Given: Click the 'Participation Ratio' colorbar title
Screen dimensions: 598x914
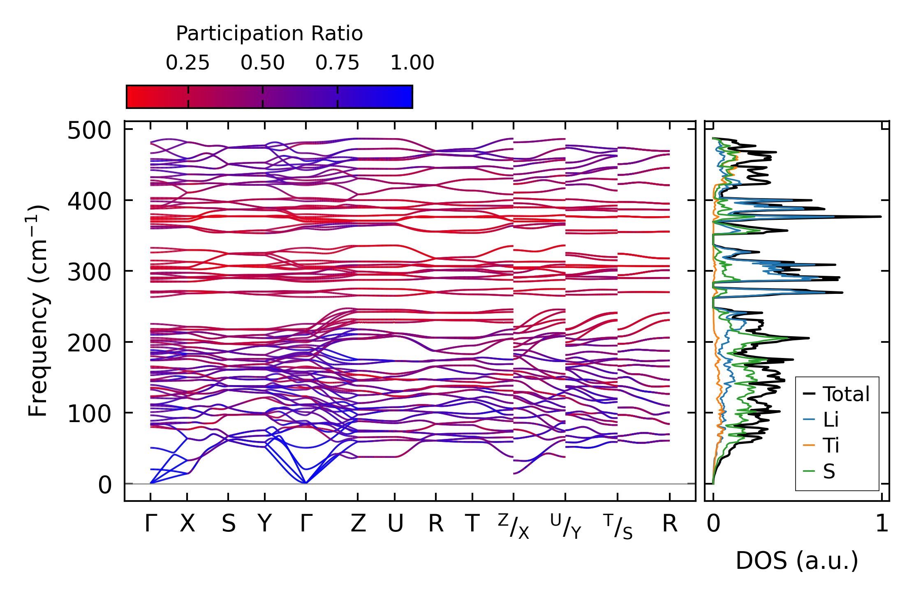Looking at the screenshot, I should coord(269,33).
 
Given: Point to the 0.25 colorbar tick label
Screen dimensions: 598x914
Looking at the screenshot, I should coord(187,63).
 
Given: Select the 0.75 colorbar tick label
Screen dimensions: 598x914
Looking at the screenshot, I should coord(337,63).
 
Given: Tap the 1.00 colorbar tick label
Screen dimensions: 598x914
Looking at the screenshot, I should coord(412,63).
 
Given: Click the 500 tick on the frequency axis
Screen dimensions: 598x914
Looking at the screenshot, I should coord(89,131).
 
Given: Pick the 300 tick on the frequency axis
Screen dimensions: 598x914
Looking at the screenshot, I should coord(89,272).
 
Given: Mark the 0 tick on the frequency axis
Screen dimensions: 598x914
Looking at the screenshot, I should coord(104,485).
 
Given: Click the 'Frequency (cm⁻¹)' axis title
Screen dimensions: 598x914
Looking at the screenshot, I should coord(38,311).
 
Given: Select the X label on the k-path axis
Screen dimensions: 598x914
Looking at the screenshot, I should coord(187,524).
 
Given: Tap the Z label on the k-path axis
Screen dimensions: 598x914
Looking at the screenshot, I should coord(358,524).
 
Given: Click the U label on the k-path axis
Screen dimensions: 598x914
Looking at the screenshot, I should coord(395,524).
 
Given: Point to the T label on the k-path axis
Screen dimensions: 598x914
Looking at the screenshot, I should coord(472,524).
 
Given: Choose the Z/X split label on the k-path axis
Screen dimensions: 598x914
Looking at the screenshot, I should coord(513,526).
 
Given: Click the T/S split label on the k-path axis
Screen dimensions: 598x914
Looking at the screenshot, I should coord(618,526).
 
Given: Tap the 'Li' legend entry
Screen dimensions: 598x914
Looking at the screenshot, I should coord(831,420).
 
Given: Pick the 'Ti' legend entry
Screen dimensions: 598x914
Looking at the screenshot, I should coord(831,446).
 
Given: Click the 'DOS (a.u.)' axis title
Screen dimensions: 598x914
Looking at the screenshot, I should coord(797,561).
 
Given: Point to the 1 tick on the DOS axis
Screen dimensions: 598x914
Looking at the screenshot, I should coord(882,524).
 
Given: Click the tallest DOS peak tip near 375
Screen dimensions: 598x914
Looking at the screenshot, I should coord(880,217).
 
